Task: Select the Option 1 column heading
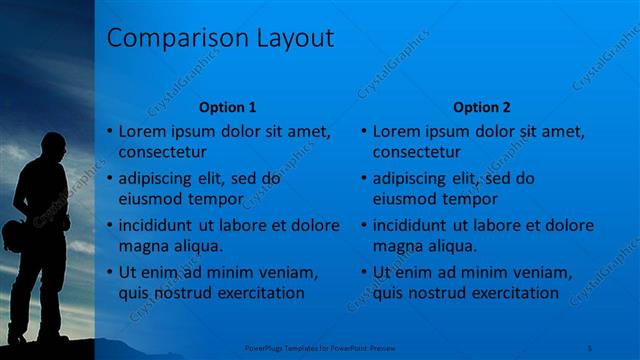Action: pyautogui.click(x=228, y=106)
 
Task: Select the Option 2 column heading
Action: pyautogui.click(x=481, y=106)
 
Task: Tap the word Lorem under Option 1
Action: pyautogui.click(x=141, y=131)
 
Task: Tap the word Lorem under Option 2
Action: pyautogui.click(x=395, y=131)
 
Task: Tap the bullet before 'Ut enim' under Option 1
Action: pyautogui.click(x=108, y=272)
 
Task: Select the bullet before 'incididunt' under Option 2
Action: pyautogui.click(x=362, y=225)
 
